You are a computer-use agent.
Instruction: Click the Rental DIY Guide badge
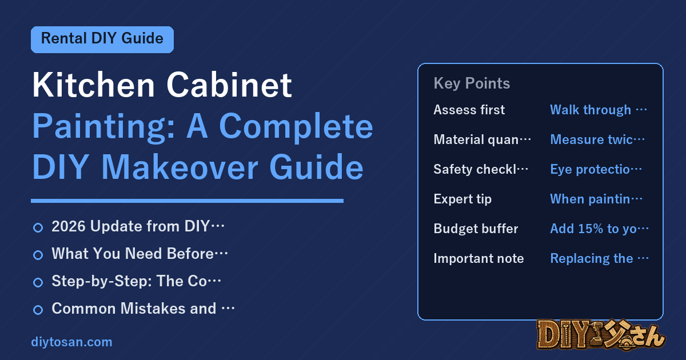pyautogui.click(x=102, y=39)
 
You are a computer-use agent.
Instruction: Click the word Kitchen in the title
pyautogui.click(x=93, y=85)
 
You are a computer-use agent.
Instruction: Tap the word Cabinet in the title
pyautogui.click(x=229, y=85)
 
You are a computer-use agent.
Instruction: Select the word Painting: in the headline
pyautogui.click(x=103, y=127)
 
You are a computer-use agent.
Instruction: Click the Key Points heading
pyautogui.click(x=472, y=83)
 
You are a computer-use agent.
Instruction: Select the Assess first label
pyautogui.click(x=469, y=110)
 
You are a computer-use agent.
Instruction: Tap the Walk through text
pyautogui.click(x=598, y=110)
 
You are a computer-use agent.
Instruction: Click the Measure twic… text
pyautogui.click(x=597, y=139)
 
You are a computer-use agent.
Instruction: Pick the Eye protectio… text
pyautogui.click(x=596, y=169)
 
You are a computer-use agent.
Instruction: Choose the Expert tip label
pyautogui.click(x=462, y=199)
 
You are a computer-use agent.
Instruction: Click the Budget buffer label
pyautogui.click(x=476, y=229)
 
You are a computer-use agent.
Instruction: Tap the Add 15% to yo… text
pyautogui.click(x=599, y=229)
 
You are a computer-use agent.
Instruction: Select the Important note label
pyautogui.click(x=478, y=258)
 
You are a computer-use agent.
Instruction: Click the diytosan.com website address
pyautogui.click(x=71, y=342)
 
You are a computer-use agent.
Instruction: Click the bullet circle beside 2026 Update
pyautogui.click(x=38, y=227)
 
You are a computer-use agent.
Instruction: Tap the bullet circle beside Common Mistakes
pyautogui.click(x=38, y=310)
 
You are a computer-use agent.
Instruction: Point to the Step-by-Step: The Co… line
pyautogui.click(x=136, y=281)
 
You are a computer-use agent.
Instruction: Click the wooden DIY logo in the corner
pyautogui.click(x=601, y=335)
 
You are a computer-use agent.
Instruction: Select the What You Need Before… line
pyautogui.click(x=139, y=254)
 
